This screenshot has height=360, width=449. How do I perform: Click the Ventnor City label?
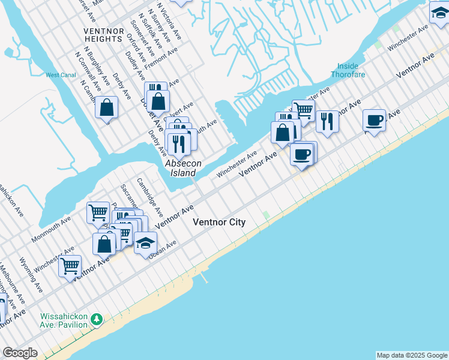(x=219, y=222)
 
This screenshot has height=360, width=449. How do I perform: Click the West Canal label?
(x=61, y=75)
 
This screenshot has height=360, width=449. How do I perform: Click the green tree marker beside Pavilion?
(x=96, y=318)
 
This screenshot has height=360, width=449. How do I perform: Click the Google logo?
(x=20, y=353)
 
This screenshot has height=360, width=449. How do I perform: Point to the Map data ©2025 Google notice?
(x=412, y=355)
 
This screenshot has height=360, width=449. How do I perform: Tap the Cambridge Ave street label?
(x=150, y=196)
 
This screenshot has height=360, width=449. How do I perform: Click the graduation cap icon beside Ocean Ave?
(x=145, y=243)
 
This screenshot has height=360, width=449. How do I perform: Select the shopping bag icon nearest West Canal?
(x=106, y=108)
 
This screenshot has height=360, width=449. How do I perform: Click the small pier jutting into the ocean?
(x=204, y=278)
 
